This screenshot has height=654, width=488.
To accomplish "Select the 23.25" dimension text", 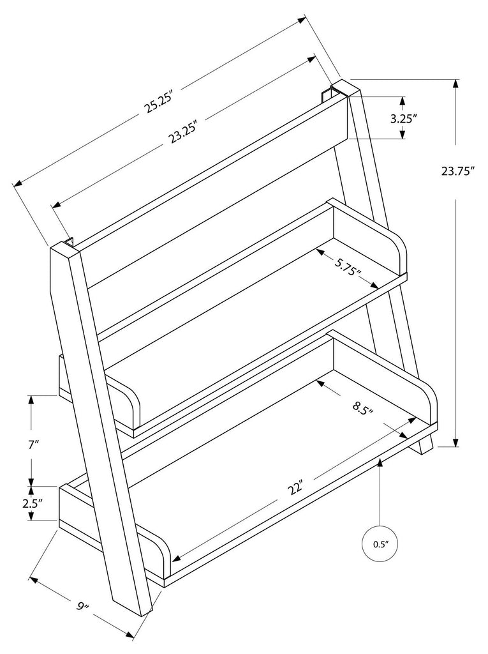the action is [183, 131].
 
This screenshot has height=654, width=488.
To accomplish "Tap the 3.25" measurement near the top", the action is [403, 118].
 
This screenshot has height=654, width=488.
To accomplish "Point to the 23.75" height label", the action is [458, 171].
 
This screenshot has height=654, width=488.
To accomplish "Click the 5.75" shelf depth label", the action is [348, 266].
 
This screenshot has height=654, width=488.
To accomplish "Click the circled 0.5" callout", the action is [380, 544].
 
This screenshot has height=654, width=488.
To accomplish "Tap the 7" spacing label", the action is [34, 444].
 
